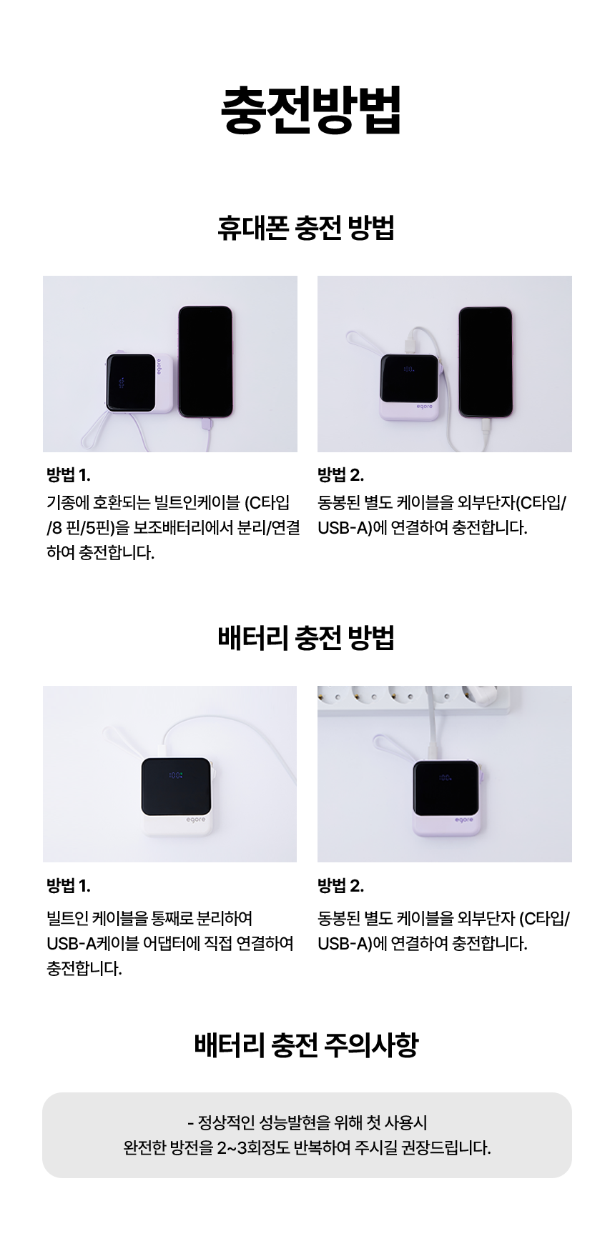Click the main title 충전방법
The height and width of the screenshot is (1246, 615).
point(311,110)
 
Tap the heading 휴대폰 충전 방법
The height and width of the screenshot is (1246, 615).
point(306,228)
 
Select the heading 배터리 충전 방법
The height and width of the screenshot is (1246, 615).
point(306,638)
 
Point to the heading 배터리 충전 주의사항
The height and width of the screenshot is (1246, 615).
point(306,1045)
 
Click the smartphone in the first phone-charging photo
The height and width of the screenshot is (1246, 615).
point(205,362)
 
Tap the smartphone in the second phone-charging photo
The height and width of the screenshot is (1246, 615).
point(486,362)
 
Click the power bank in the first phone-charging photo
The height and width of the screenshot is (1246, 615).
point(139,383)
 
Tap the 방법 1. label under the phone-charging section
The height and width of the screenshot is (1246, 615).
point(69,475)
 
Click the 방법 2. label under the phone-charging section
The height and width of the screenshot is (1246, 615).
point(341,475)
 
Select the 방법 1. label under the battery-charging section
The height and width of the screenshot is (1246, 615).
point(69,887)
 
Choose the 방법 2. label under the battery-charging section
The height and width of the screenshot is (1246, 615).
point(341,887)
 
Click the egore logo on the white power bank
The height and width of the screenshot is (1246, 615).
point(195,819)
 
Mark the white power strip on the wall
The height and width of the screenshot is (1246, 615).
point(415,698)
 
